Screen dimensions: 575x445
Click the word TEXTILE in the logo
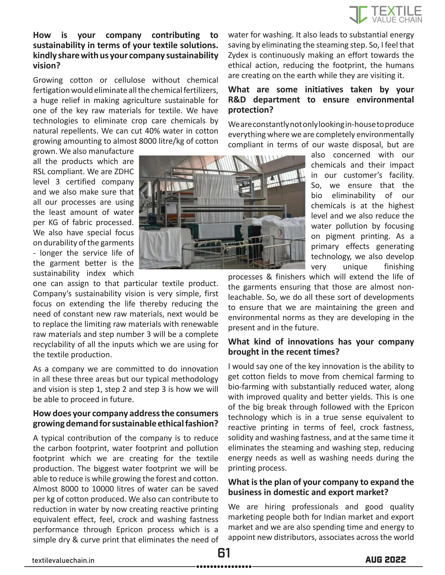396,11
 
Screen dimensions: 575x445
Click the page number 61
224,553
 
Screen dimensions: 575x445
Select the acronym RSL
39,172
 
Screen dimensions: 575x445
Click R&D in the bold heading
237,100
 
